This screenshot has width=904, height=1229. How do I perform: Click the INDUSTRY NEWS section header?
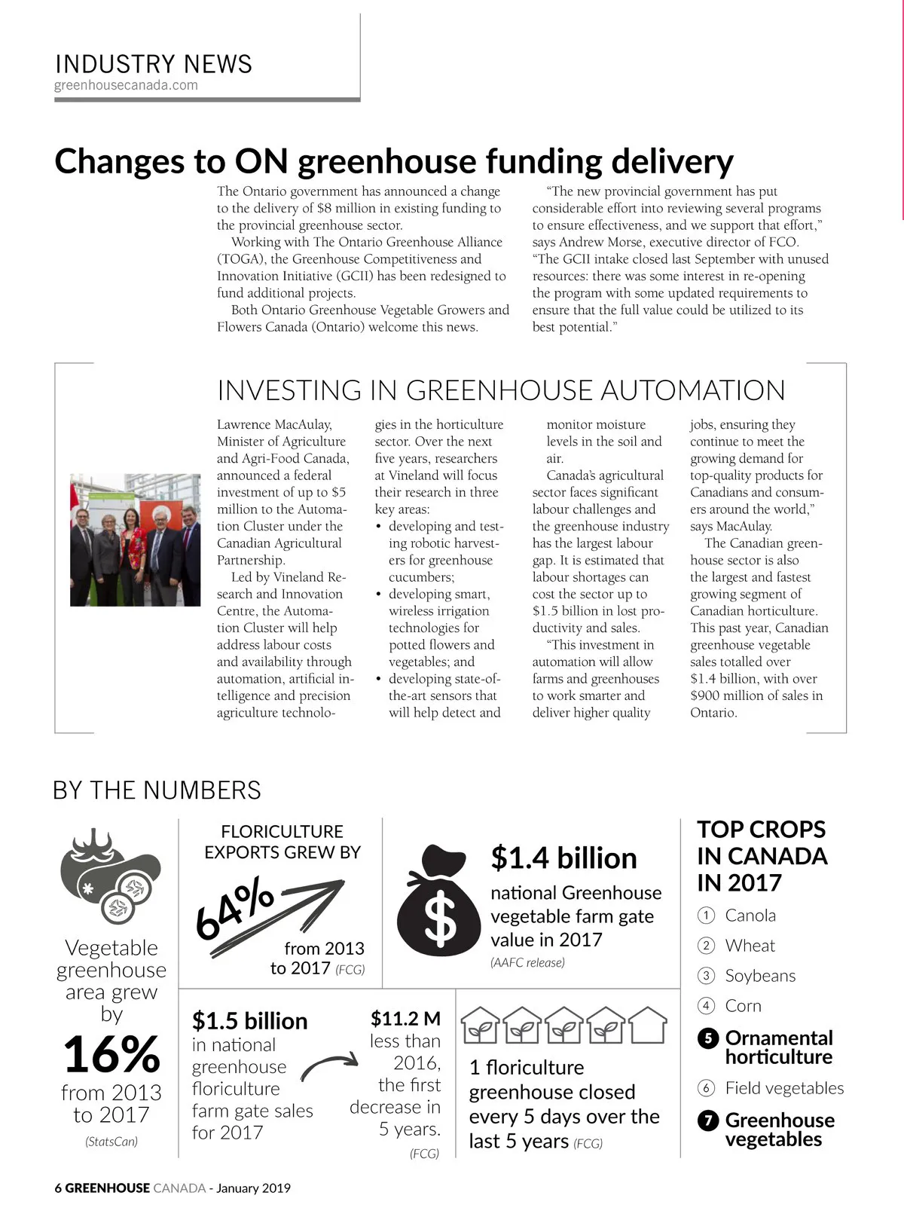click(x=154, y=64)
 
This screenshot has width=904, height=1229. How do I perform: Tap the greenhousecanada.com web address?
click(x=126, y=85)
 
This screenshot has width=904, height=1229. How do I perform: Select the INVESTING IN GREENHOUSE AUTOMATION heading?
click(x=501, y=390)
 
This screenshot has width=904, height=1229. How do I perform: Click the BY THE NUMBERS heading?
click(x=157, y=790)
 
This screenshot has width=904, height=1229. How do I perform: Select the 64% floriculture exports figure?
click(x=234, y=908)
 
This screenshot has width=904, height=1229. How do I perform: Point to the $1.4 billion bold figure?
click(x=563, y=858)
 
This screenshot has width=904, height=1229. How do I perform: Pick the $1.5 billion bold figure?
click(x=249, y=1021)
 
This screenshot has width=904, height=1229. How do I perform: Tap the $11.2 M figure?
click(x=405, y=1019)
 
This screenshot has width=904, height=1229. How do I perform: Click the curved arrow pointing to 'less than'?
click(x=329, y=1065)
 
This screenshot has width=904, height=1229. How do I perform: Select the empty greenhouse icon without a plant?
click(x=648, y=1025)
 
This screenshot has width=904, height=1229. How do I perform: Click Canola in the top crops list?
click(x=750, y=916)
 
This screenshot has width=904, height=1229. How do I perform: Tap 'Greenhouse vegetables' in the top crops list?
click(x=779, y=1130)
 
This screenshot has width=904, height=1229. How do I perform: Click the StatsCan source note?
click(x=111, y=1142)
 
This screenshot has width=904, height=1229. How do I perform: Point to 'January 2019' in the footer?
click(x=253, y=1188)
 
